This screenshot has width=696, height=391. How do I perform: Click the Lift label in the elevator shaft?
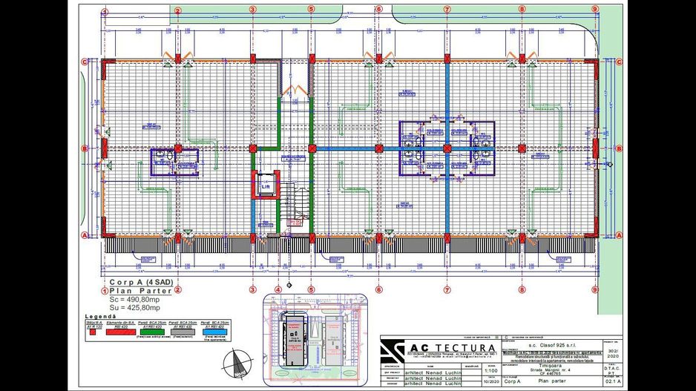click(265, 187)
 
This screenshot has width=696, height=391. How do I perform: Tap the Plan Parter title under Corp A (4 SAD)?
click(139, 292)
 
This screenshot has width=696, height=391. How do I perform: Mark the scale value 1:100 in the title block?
click(490, 371)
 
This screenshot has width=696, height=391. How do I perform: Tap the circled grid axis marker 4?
click(278, 289)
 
